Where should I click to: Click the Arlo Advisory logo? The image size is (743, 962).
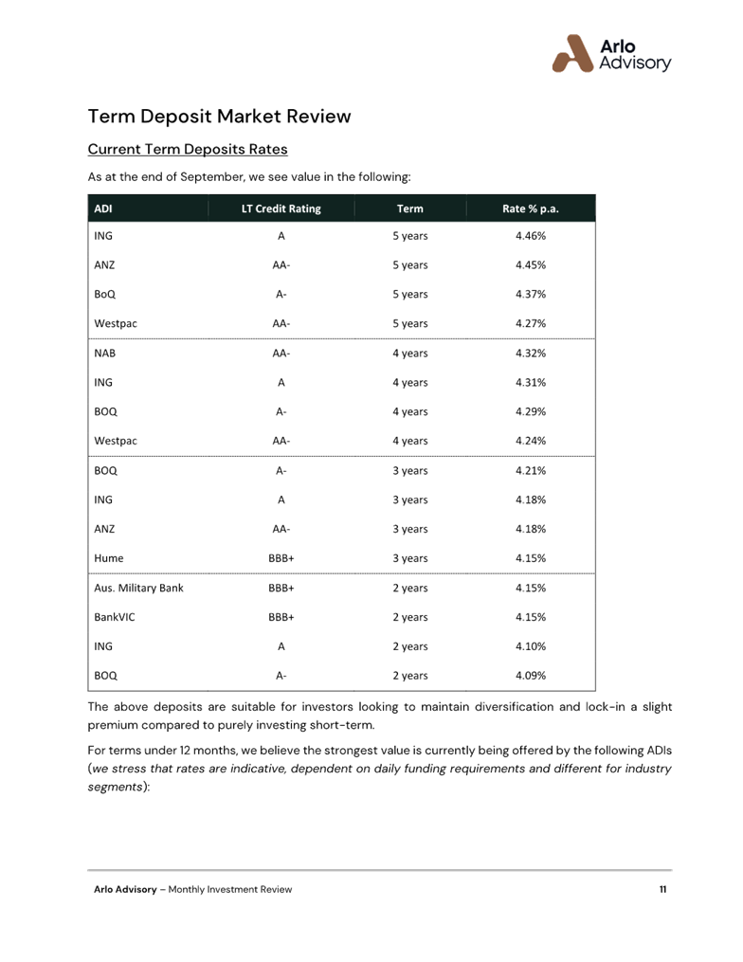pos(611,54)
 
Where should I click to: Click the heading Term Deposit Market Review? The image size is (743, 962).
pos(219,117)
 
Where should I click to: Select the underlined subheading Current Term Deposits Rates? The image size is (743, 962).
pos(187,150)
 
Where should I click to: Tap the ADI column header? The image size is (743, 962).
pos(102,209)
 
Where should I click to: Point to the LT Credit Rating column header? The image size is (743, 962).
pos(281,209)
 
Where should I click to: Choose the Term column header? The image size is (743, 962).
pos(410,209)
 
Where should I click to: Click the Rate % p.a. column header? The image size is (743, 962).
pos(531,209)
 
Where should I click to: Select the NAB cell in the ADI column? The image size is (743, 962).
pos(104,354)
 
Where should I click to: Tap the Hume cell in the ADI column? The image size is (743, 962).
pos(109,559)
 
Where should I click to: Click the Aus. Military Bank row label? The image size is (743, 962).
pos(138,589)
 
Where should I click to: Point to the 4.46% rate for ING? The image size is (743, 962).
pos(531,236)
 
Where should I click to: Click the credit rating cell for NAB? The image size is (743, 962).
pos(281,354)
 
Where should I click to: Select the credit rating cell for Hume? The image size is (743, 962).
pos(281,559)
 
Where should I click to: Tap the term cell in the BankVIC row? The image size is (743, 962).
pos(410,618)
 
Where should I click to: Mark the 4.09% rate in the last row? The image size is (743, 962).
pos(531,677)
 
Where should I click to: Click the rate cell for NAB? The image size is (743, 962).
pos(531,354)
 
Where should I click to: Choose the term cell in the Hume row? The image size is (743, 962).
pos(410,559)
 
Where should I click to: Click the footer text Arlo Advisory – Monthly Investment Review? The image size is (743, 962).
pos(192,889)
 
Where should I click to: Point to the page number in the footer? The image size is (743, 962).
pos(663,889)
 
